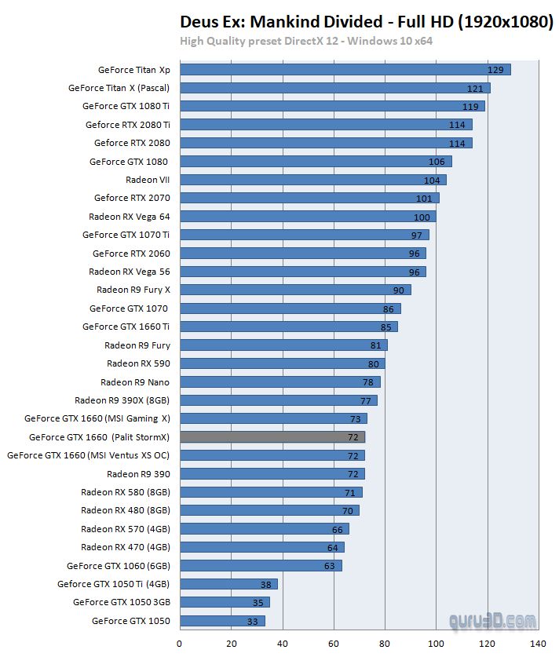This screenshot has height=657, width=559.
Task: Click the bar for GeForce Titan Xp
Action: pyautogui.click(x=345, y=70)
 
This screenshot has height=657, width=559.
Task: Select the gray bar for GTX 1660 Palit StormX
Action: pyautogui.click(x=272, y=437)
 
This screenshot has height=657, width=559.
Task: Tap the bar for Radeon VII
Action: pyautogui.click(x=313, y=180)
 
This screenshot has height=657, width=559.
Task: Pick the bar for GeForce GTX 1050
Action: pyautogui.click(x=222, y=621)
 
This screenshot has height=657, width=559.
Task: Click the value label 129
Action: pyautogui.click(x=495, y=70)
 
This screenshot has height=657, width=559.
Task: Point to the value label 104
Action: pyautogui.click(x=432, y=181)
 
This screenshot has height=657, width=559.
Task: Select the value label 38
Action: pyautogui.click(x=267, y=584)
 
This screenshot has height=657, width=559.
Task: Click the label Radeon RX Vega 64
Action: pyautogui.click(x=129, y=217)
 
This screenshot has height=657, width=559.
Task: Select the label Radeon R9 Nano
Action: pyautogui.click(x=135, y=382)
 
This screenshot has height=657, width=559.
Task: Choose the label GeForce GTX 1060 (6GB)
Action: pyautogui.click(x=118, y=566)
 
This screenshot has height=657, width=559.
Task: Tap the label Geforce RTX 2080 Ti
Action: pyautogui.click(x=128, y=125)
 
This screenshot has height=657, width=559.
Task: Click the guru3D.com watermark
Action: pyautogui.click(x=492, y=621)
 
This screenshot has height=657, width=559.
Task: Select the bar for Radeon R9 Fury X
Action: pyautogui.click(x=295, y=290)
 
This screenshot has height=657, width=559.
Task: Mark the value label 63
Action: pyautogui.click(x=330, y=566)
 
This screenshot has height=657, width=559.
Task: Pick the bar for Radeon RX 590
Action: pyautogui.click(x=283, y=363)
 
